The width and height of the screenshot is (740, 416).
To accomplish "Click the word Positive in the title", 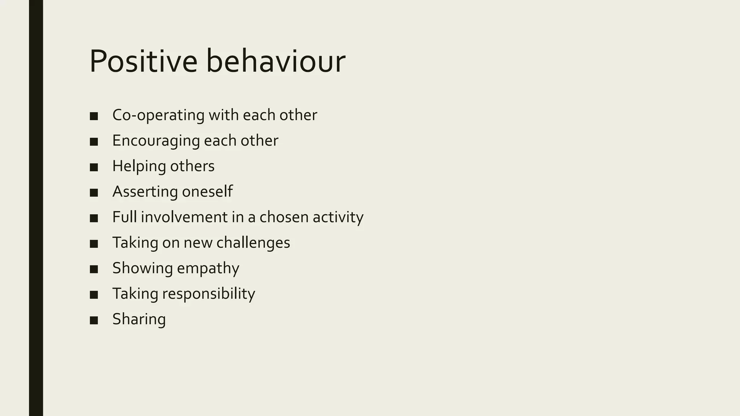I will [x=143, y=61].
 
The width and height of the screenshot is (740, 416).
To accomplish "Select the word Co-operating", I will [x=158, y=115].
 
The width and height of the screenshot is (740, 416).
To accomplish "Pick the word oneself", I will [x=207, y=191].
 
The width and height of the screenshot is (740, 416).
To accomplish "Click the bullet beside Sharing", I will [x=94, y=320].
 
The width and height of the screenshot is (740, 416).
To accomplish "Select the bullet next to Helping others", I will [x=94, y=167].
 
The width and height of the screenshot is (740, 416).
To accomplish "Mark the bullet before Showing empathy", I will [x=94, y=269].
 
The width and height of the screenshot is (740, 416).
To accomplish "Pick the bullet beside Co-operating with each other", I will [x=94, y=116].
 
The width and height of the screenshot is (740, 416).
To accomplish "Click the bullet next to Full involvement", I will [x=94, y=218].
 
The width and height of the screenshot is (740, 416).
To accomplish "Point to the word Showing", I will [x=142, y=268].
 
